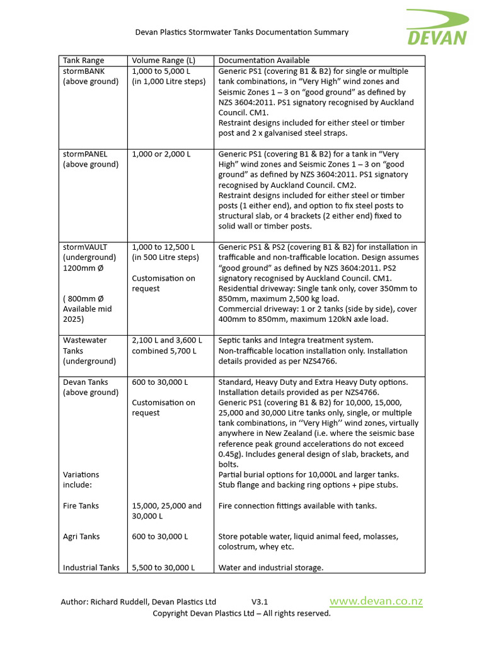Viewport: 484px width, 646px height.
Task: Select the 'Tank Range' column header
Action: [x=84, y=61]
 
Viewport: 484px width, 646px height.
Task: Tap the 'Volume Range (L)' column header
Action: [x=164, y=61]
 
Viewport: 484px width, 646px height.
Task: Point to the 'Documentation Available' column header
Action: [x=264, y=61]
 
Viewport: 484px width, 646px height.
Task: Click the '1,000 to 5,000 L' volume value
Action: [x=161, y=71]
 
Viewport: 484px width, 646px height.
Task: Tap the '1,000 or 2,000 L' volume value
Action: [x=161, y=154]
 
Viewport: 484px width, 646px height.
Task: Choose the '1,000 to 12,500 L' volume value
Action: [x=163, y=247]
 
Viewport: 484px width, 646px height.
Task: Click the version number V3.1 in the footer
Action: [x=260, y=602]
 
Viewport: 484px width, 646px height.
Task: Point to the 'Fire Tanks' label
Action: [x=81, y=505]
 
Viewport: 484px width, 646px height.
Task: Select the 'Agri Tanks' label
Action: [x=81, y=536]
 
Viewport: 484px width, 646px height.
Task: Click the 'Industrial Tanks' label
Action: [x=91, y=567]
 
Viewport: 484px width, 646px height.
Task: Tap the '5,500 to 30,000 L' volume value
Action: [x=163, y=567]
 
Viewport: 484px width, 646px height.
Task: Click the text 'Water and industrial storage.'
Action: [x=271, y=567]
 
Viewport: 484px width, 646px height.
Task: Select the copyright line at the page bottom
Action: [x=241, y=613]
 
